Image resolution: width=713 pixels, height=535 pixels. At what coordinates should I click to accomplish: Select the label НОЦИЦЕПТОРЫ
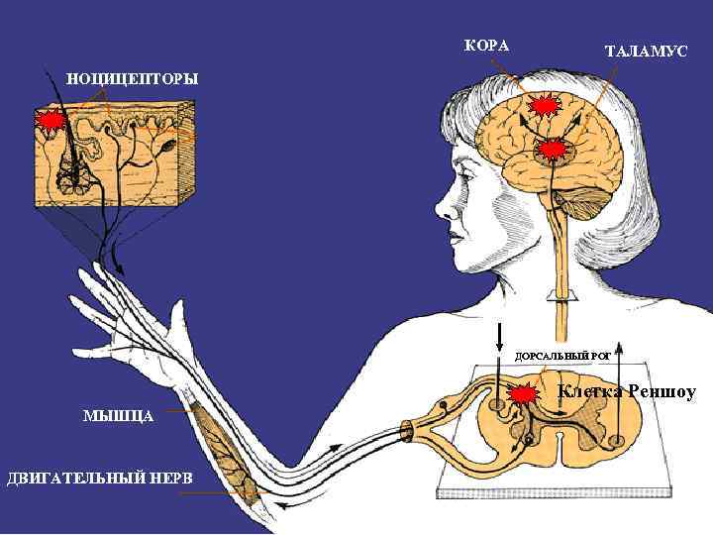tap(132, 78)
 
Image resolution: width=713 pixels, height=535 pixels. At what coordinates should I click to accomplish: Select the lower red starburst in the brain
tap(555, 151)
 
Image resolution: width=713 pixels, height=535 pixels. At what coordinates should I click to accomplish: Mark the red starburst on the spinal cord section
tap(523, 392)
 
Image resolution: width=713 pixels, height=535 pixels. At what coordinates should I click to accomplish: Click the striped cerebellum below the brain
tap(571, 207)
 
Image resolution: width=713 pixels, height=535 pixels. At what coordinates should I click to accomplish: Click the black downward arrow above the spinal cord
tap(499, 342)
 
